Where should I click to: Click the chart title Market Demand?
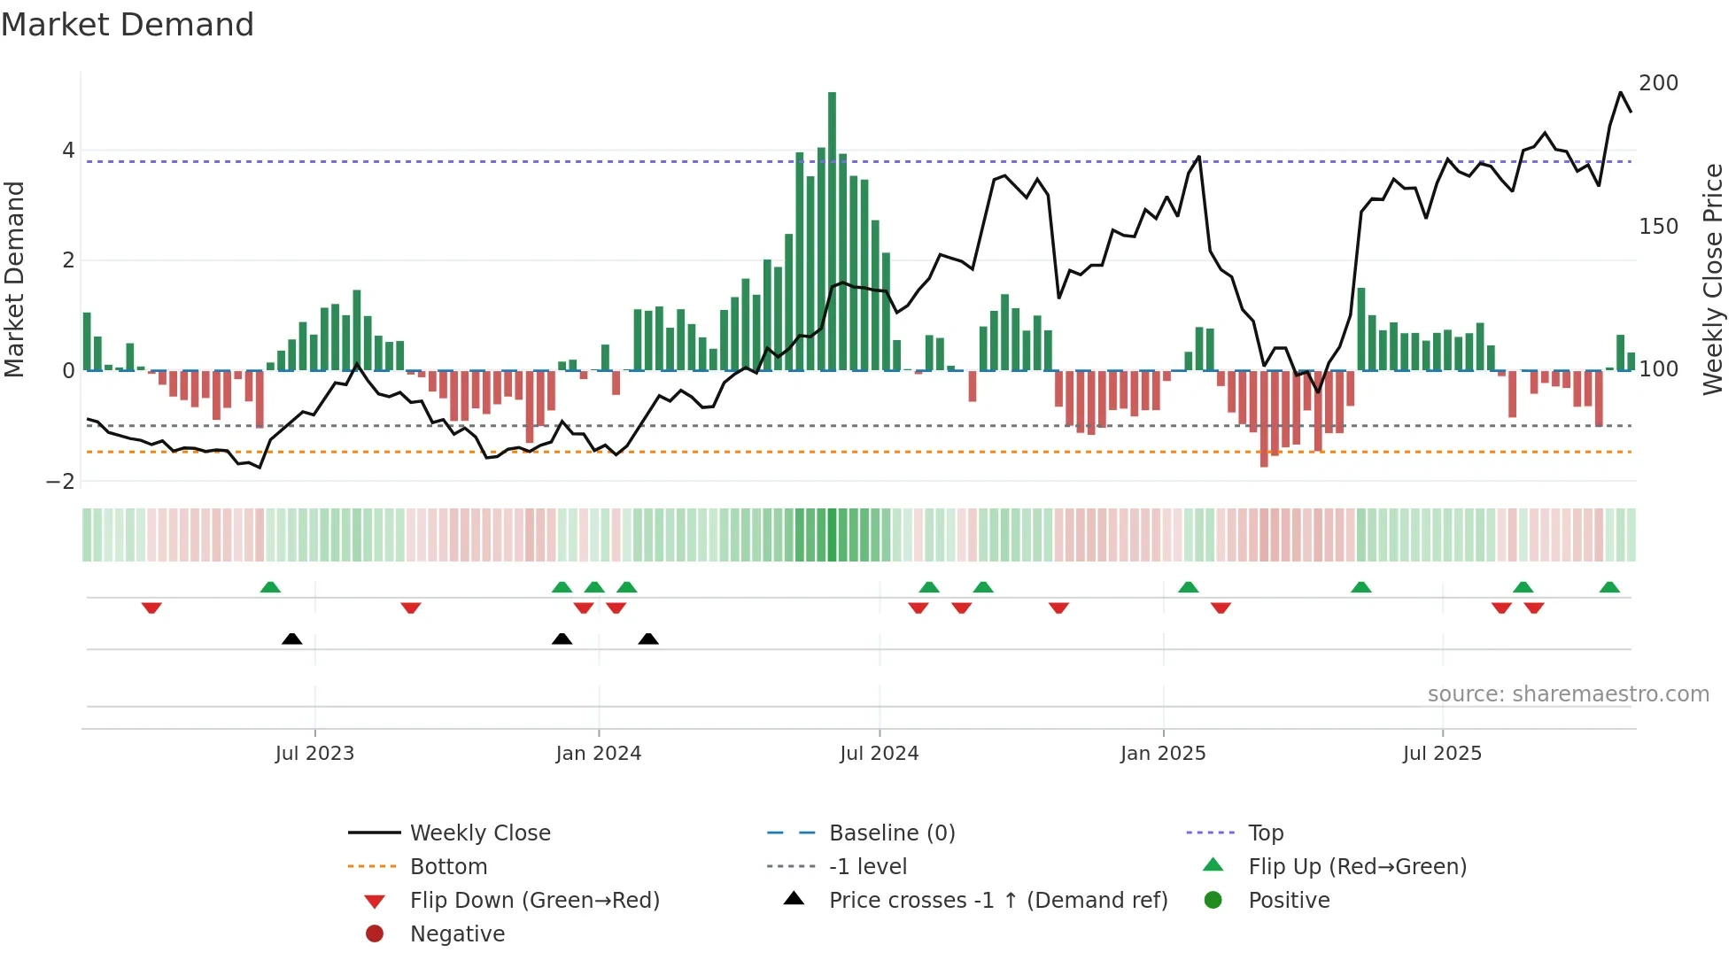128,25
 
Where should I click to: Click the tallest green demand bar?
832,230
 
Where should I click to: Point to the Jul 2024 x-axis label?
879,754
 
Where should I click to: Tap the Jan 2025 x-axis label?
1162,754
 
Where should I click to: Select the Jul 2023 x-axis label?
314,754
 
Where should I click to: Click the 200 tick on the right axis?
1658,83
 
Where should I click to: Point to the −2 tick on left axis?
61,482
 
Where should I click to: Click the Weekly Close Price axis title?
1713,279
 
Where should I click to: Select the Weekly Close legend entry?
479,833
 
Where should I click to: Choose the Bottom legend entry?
448,867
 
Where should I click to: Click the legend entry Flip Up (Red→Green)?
1357,867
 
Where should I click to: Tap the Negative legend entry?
457,934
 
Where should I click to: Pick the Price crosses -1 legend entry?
997,901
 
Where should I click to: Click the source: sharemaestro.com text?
1568,694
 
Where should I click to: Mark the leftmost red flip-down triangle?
151,608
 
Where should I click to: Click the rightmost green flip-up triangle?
1609,587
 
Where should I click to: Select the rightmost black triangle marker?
648,639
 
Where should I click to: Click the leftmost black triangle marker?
291,639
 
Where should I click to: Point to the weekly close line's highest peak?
1621,92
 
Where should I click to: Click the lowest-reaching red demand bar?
1264,419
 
